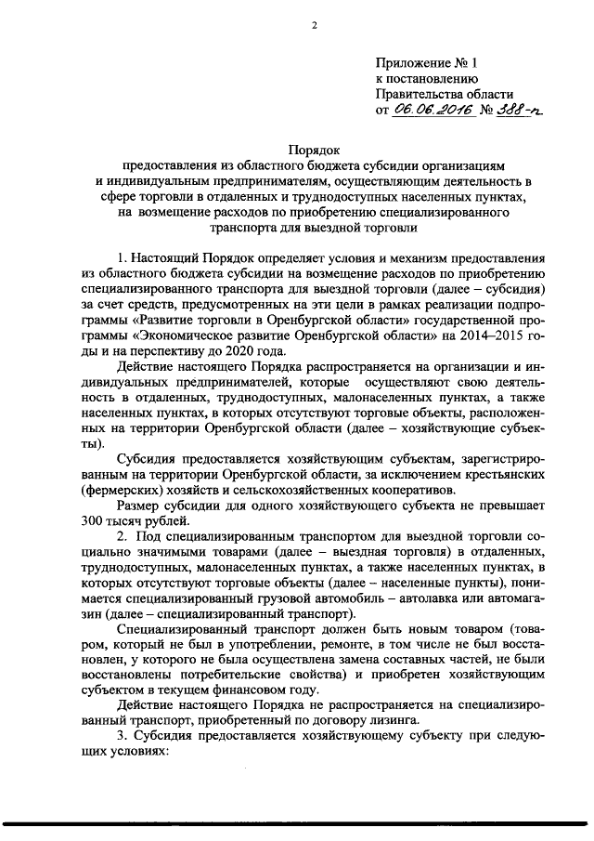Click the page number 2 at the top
[315, 26]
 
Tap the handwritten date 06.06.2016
[433, 110]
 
